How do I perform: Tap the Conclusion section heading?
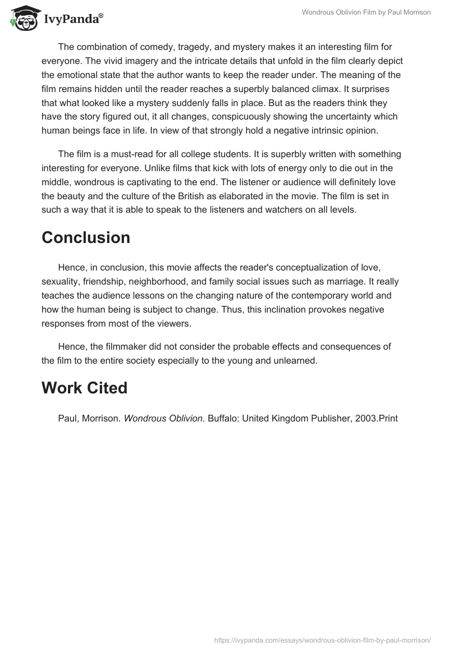[x=86, y=237]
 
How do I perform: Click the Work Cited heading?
[x=84, y=388]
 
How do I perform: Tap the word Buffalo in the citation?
[x=223, y=418]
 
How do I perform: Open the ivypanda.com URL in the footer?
[x=322, y=640]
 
